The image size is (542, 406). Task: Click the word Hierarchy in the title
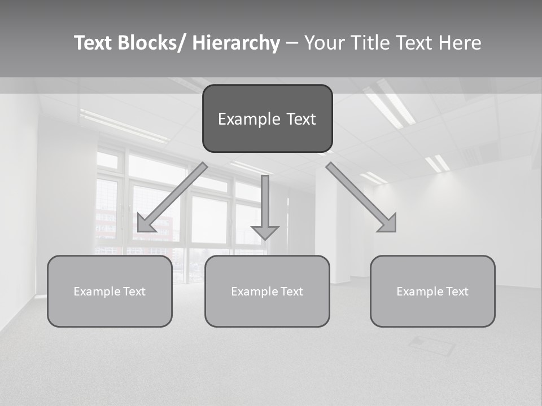click(236, 43)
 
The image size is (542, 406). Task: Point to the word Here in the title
click(460, 43)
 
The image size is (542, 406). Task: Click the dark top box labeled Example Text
click(267, 118)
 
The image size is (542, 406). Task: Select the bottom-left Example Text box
click(110, 291)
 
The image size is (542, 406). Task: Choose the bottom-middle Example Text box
click(267, 291)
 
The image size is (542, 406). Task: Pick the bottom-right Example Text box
click(432, 291)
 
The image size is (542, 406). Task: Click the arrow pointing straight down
click(265, 203)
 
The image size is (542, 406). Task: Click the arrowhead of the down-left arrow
click(145, 224)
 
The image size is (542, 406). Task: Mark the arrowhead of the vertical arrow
click(265, 232)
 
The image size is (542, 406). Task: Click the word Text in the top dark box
click(300, 119)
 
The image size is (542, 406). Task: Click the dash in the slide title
click(292, 43)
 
